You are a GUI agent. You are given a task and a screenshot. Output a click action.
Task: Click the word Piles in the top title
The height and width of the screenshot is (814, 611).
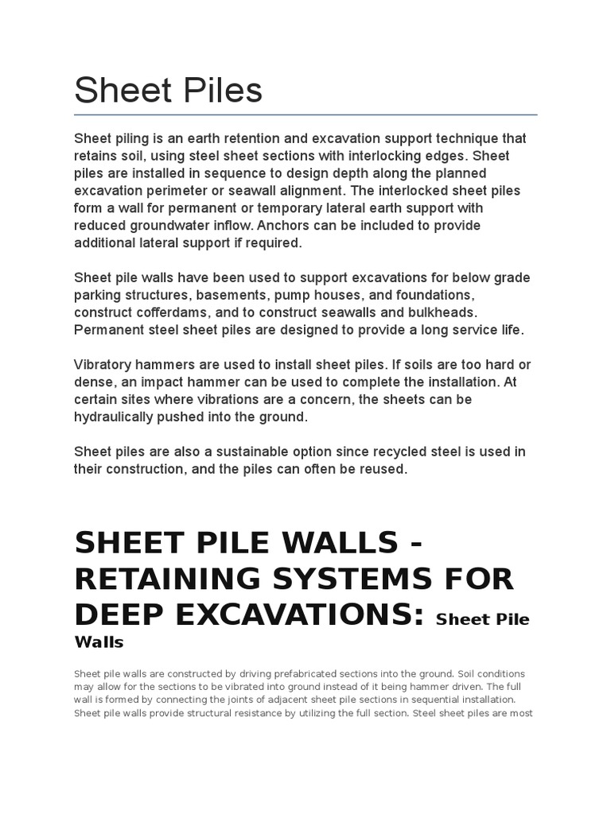click(218, 91)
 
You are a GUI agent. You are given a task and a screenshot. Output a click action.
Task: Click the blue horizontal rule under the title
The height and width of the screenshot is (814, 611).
click(305, 114)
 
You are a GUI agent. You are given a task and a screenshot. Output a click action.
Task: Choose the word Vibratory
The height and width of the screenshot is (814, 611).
click(105, 365)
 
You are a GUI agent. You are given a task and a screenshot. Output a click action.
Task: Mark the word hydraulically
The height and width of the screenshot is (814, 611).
click(116, 417)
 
